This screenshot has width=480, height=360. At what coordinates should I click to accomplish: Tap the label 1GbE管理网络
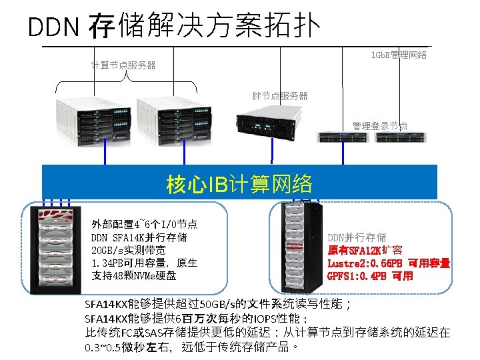click(399, 55)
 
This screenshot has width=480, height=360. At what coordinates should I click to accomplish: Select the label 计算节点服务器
click(123, 65)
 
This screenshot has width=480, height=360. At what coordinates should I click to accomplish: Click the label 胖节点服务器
click(280, 96)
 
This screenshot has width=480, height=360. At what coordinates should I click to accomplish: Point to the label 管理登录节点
click(380, 126)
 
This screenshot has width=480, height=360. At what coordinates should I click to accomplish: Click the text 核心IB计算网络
click(239, 183)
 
